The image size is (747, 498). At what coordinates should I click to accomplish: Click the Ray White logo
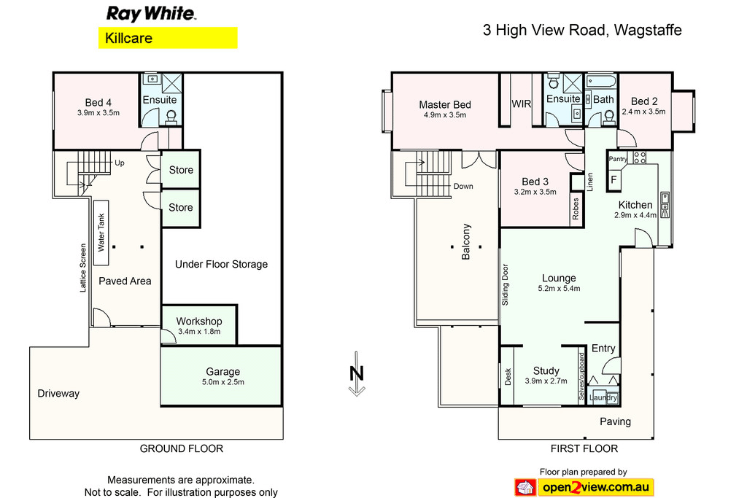[x=151, y=13]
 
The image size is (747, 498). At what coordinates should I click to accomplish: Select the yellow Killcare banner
[x=168, y=38]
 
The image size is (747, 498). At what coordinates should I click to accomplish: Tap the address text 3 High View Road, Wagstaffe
[x=581, y=31]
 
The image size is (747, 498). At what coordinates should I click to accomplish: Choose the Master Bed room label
[x=444, y=104]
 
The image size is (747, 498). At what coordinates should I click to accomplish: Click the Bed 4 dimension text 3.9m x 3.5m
[x=98, y=113]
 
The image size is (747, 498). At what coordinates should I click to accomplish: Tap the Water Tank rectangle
[x=101, y=233]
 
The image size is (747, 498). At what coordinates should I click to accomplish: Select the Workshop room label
[x=198, y=322]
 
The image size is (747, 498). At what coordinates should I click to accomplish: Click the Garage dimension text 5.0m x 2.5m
[x=222, y=382]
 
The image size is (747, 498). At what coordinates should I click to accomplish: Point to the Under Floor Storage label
[x=221, y=264]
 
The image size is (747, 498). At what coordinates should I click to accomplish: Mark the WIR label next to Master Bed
[x=521, y=104]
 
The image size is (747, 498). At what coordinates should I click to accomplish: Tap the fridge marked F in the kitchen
[x=614, y=178]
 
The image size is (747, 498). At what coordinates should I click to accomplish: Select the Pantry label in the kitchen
[x=617, y=159]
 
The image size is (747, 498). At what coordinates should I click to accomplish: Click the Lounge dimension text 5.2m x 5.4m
[x=558, y=289]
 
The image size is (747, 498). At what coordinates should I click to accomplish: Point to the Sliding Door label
[x=505, y=284]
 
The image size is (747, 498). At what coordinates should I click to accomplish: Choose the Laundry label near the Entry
[x=603, y=397]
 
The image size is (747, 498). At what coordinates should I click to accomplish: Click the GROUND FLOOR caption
[x=182, y=448]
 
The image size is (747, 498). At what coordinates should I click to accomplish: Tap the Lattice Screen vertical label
[x=83, y=268]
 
